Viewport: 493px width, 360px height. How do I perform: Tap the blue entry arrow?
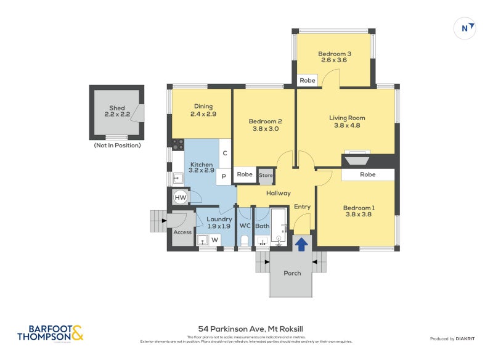pos(301,245)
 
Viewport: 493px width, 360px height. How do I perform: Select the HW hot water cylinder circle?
pos(180,198)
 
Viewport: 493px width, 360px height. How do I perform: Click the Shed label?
pos(117,108)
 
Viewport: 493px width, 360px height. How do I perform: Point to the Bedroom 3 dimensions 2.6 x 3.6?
pos(333,60)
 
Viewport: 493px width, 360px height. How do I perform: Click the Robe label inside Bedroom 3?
pos(307,81)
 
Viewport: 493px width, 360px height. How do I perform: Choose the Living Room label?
pos(347,118)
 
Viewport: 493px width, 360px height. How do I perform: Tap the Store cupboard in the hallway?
pos(266,175)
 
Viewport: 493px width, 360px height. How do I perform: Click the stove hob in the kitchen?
pos(178,145)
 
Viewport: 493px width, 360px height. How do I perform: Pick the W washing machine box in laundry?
pos(215,239)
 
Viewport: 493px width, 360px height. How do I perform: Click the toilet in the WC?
pos(245,240)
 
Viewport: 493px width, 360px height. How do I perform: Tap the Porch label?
pos(292,273)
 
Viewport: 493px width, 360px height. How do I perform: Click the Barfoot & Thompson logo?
pos(50,333)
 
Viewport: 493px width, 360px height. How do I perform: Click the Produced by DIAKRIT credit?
pos(455,339)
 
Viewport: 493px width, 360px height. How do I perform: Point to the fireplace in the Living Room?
pos(356,160)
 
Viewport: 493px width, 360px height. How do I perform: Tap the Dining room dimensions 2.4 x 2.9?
pos(203,114)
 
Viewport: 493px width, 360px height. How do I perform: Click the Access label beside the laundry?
pos(182,232)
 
